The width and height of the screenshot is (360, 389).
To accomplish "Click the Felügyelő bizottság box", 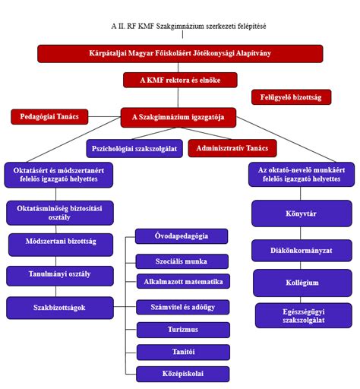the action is (291, 97).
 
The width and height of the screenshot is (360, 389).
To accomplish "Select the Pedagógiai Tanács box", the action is (49, 117).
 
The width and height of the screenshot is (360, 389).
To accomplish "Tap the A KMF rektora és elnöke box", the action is (180, 80).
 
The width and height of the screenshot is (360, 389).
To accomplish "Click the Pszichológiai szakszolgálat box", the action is (134, 148).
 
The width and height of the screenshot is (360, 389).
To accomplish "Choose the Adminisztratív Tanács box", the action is (232, 148).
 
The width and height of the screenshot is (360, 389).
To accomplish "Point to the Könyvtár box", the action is (302, 213).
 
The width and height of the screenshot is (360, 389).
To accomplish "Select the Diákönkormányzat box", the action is (302, 251).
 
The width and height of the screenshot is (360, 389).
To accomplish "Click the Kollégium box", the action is (302, 283).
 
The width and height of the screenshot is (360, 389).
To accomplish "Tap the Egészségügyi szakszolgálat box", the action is (304, 315).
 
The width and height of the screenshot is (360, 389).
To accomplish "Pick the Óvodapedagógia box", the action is (182, 236).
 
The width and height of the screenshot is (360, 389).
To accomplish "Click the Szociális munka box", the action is (182, 261).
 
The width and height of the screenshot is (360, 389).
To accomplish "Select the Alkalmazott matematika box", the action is (183, 281).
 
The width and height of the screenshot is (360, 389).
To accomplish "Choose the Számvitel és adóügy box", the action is (183, 307).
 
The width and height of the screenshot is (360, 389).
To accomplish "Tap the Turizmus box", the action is (183, 330).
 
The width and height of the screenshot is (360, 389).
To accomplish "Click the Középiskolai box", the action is (183, 374).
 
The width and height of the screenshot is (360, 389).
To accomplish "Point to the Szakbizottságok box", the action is (60, 308).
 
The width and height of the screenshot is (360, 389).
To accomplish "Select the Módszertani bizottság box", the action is (61, 245).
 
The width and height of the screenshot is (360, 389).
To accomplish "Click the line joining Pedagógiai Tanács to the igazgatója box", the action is (105, 117).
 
